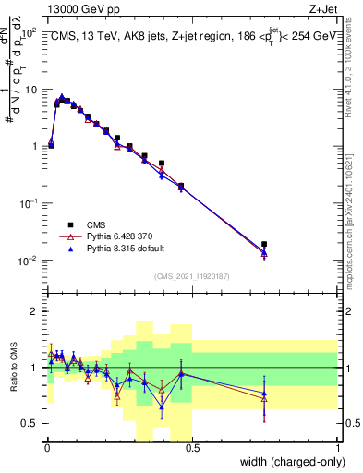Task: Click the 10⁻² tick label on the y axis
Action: (x=27, y=261)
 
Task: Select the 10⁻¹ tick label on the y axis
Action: (x=27, y=204)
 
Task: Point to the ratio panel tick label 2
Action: (x=34, y=311)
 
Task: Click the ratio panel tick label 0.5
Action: (x=31, y=423)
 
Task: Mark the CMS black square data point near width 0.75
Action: (x=265, y=245)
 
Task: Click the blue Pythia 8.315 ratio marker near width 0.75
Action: (x=265, y=394)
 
